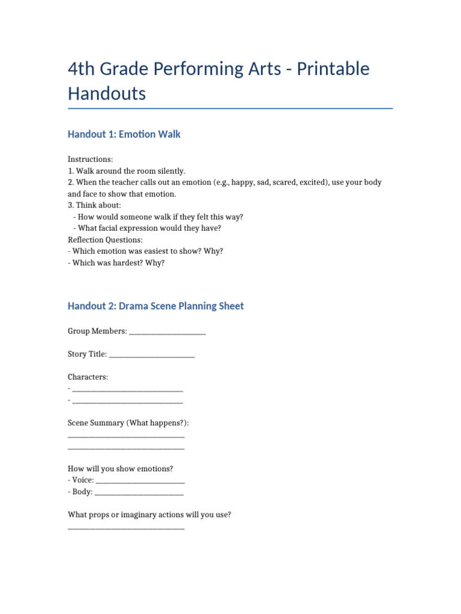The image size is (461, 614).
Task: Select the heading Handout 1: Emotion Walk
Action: (124, 134)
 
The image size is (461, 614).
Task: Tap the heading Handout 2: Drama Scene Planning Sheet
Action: (156, 306)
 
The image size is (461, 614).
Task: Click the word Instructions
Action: (90, 159)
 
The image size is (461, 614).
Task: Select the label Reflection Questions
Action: (105, 240)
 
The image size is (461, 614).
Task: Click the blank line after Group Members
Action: (167, 332)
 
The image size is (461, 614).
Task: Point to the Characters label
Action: (88, 377)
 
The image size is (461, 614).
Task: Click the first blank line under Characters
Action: (127, 390)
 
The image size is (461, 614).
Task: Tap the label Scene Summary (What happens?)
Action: (128, 423)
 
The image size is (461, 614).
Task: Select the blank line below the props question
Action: (126, 528)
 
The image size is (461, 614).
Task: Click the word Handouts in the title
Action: (107, 94)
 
